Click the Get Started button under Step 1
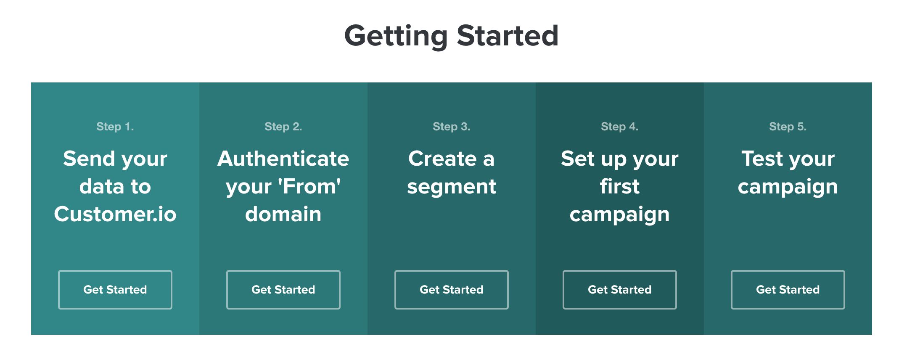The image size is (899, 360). coord(115,290)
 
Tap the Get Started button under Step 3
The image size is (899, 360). coord(451,290)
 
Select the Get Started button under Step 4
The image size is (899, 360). coord(619,290)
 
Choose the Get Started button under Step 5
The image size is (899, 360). coord(788,290)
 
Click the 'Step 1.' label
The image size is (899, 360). coord(115,127)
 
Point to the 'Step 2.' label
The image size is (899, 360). coord(283,127)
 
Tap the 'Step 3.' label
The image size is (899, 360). coord(451,127)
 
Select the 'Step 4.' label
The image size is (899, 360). coord(619,127)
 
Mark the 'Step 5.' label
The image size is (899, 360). coord(788,127)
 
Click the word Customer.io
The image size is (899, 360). coord(115,214)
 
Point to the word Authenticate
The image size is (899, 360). coord(283,159)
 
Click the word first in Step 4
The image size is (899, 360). coord(619,186)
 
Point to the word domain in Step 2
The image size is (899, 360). coord(283,214)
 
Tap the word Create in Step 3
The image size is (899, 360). coord(442,159)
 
